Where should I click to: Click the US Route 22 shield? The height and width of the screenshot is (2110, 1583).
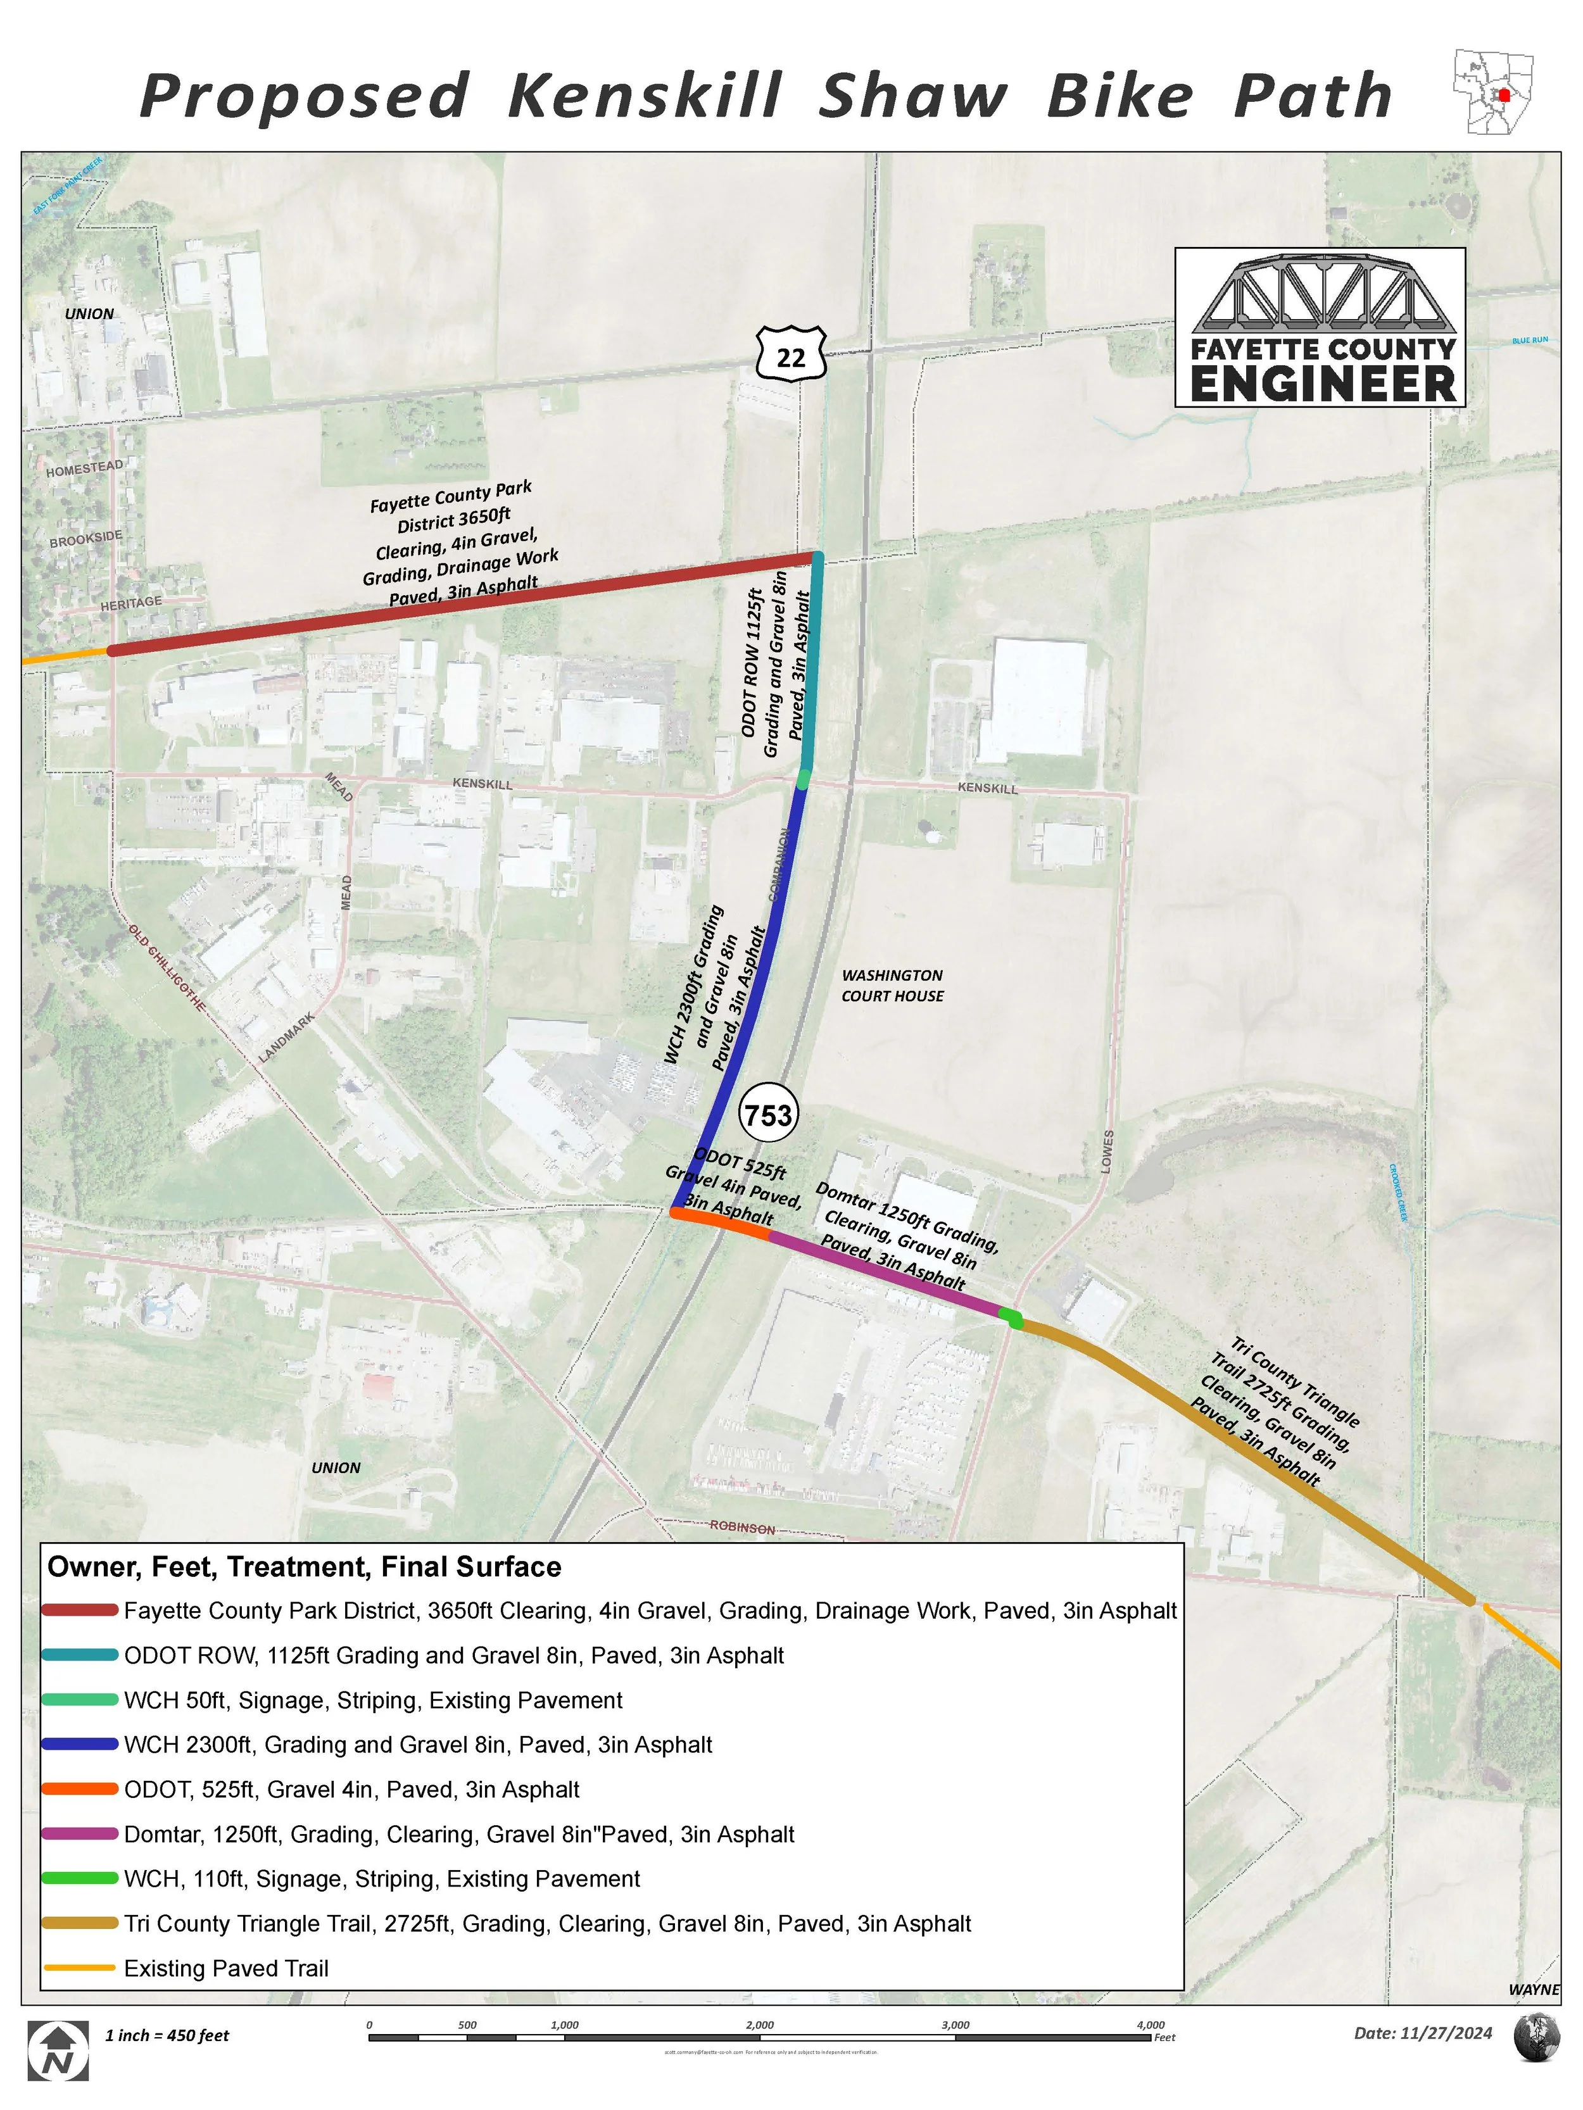(x=791, y=355)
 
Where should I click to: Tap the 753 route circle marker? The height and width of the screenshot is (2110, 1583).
(x=768, y=1114)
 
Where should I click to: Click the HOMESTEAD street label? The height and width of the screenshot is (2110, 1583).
(x=85, y=467)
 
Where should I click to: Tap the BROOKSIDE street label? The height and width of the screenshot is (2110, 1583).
(x=86, y=538)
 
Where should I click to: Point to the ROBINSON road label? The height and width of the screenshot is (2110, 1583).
(x=742, y=1527)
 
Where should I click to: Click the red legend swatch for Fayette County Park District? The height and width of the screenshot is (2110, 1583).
(x=80, y=1610)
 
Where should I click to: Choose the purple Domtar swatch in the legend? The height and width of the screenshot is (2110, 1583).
(x=80, y=1833)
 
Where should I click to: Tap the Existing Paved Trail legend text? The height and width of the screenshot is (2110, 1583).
(x=226, y=1968)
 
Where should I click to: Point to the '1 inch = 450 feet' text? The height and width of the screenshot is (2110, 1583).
(x=167, y=2035)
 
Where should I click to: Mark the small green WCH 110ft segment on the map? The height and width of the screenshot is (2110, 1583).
(x=1011, y=1319)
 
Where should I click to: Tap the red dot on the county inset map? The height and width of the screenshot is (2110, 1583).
(x=1504, y=94)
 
